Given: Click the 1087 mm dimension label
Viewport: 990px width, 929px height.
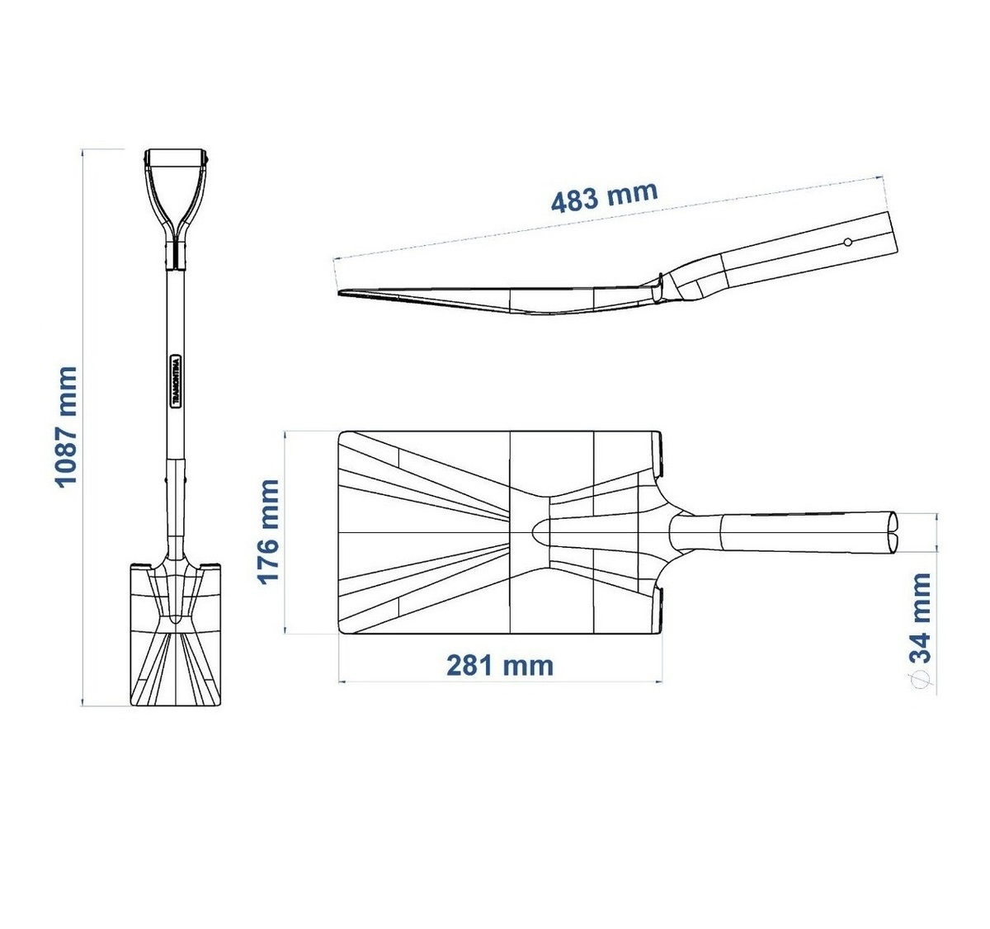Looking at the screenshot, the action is tap(66, 427).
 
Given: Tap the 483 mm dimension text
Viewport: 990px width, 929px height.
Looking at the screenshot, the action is tap(604, 196).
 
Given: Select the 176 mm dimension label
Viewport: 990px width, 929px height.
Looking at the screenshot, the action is tap(267, 531).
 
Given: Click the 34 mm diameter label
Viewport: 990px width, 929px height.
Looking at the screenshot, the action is tap(920, 618).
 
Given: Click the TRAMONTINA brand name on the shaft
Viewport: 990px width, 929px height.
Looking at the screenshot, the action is tap(175, 382).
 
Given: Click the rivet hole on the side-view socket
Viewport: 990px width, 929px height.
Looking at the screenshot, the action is tap(847, 243).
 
